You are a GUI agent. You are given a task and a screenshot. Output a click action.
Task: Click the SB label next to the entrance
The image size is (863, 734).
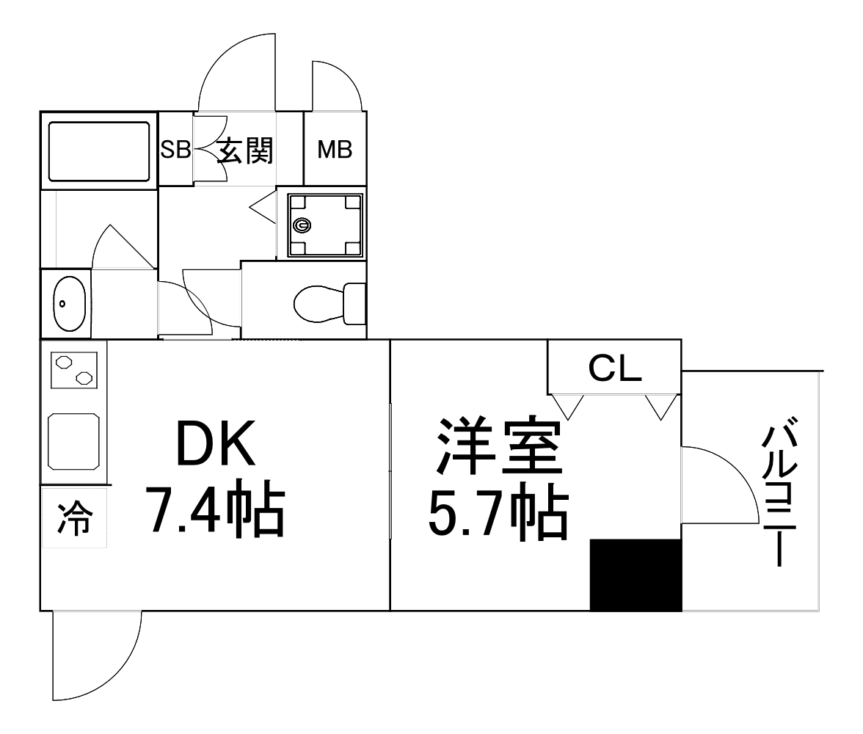[175, 149]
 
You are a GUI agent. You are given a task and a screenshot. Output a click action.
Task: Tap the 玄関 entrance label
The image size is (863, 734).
[245, 150]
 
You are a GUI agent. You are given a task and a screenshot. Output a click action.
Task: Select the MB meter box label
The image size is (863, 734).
[335, 149]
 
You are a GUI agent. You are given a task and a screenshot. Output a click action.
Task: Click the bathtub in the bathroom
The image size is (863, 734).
[99, 151]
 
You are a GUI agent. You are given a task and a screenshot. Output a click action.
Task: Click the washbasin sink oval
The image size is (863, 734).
[69, 303]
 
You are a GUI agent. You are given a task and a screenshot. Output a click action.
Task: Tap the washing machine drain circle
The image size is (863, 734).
[302, 225]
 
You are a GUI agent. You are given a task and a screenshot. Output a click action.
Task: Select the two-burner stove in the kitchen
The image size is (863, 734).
[73, 370]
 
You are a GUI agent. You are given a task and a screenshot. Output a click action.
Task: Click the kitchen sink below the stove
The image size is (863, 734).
[73, 442]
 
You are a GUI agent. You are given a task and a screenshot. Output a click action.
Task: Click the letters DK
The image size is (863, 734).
[216, 443]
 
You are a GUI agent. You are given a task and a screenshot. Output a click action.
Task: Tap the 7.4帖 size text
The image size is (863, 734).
[217, 508]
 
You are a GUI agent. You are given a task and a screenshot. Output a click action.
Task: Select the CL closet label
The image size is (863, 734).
[615, 368]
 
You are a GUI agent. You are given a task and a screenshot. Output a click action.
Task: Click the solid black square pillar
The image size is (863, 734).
[636, 575]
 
